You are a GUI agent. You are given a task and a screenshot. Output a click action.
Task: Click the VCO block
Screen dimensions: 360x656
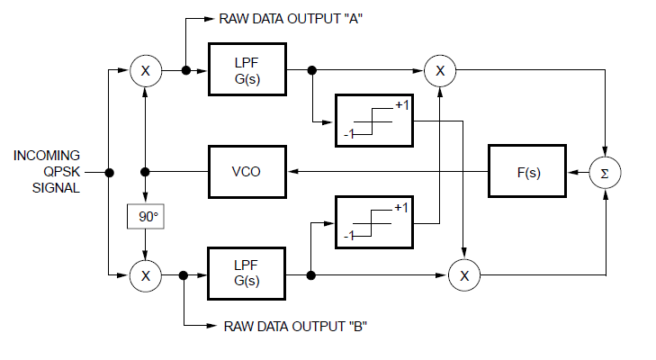pos(247,171)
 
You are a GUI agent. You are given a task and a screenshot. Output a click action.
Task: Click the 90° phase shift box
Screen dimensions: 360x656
pos(146,217)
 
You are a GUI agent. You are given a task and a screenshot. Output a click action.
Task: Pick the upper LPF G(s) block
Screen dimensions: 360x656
pos(247,69)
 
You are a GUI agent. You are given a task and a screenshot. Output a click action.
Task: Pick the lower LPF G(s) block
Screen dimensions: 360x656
pos(247,274)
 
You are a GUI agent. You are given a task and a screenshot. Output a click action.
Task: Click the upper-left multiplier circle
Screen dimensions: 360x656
pos(146,70)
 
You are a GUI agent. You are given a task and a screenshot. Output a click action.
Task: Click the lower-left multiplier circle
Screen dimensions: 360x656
pos(146,275)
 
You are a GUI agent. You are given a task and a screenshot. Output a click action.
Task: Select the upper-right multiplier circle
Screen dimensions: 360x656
pos(440,70)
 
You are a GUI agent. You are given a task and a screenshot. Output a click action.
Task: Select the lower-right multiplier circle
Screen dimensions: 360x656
pos(464,275)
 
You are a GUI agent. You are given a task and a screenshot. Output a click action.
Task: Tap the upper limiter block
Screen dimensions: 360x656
pos(373,120)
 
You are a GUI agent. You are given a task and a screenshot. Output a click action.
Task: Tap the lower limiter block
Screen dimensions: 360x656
pos(373,221)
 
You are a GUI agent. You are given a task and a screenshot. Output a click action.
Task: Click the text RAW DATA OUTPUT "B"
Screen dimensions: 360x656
pos(293,326)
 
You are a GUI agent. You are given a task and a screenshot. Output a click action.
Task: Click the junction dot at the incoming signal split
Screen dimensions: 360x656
pos(108,172)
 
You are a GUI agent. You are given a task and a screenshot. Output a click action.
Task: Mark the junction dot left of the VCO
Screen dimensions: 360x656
pos(146,172)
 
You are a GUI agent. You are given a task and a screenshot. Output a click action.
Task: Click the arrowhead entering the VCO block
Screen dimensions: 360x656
pos(291,172)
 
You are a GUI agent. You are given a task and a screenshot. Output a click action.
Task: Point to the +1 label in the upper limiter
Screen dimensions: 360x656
pos(402,105)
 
